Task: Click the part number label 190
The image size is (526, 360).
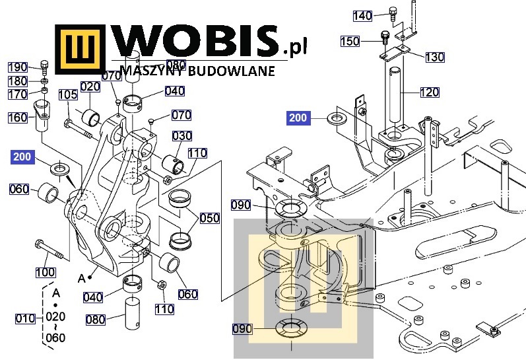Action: click(17, 67)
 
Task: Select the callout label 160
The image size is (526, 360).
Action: click(18, 118)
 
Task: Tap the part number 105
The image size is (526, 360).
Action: click(67, 94)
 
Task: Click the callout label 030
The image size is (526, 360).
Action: click(182, 136)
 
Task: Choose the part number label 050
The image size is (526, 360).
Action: click(210, 218)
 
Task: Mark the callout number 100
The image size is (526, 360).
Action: click(45, 271)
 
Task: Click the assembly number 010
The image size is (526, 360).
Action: click(24, 319)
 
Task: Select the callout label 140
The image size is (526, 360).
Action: click(362, 16)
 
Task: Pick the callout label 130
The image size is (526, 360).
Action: click(434, 57)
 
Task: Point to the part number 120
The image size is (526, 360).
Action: click(429, 92)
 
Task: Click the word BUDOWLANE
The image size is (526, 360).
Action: click(240, 71)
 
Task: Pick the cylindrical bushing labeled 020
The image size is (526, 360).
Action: click(90, 119)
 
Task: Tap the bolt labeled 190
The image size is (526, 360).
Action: click(44, 66)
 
